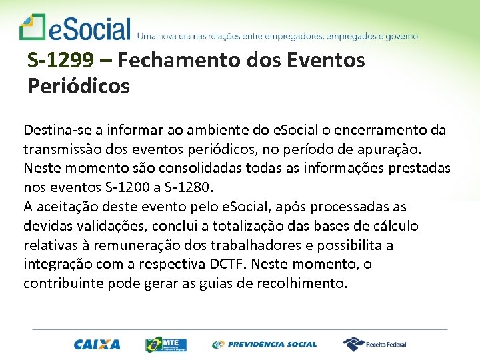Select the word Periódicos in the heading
point(79,86)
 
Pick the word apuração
point(399,149)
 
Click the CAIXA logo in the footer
point(97,345)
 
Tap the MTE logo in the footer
point(166,344)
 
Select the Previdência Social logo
point(265,345)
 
